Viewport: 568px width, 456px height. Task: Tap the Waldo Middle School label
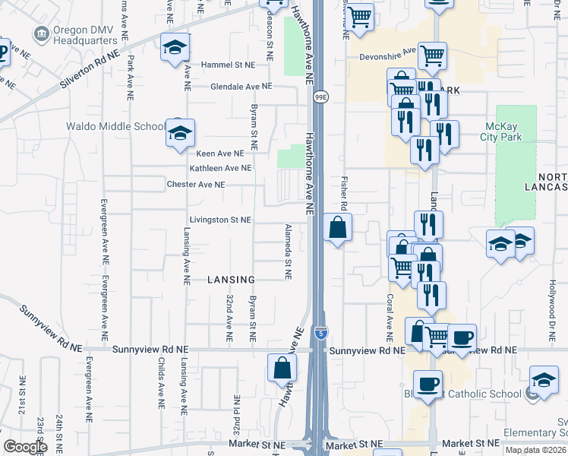115,126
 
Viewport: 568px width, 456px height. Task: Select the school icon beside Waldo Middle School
180,134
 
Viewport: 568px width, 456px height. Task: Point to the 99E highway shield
321,97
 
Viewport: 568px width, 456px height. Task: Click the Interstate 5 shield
321,332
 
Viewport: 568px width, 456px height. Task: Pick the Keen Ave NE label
220,154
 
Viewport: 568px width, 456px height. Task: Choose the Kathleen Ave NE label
220,168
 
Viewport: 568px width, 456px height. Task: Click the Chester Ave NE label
196,185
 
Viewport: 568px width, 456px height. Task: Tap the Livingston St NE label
220,220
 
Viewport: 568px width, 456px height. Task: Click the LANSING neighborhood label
230,280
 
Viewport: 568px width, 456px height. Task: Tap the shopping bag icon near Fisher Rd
338,227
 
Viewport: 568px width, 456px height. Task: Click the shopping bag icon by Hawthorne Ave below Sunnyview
281,369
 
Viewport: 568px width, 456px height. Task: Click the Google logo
25,447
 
